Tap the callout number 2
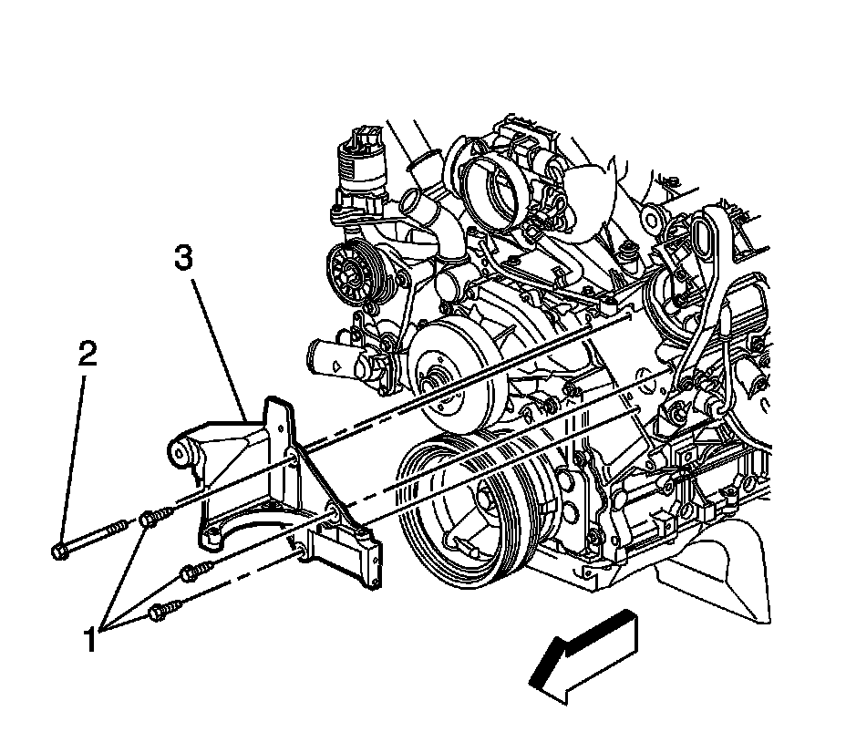tap(87, 355)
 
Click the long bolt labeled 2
tap(90, 539)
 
